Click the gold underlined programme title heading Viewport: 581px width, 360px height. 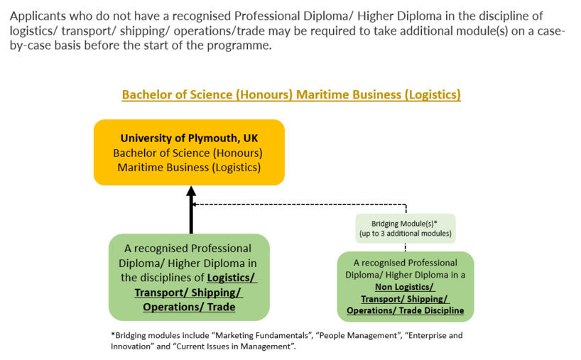(291, 94)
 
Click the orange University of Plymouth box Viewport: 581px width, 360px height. (189, 153)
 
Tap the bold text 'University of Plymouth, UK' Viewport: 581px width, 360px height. (189, 138)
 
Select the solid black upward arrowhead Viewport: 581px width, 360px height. (191, 191)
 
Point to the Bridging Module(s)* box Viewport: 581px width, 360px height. (405, 228)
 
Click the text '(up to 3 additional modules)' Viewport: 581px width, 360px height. (405, 234)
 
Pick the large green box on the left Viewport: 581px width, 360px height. (189, 278)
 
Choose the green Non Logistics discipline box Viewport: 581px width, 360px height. (405, 286)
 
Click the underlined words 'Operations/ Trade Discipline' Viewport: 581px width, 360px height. (405, 310)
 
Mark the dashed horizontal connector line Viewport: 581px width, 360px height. (298, 204)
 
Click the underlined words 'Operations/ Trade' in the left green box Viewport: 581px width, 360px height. (189, 307)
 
